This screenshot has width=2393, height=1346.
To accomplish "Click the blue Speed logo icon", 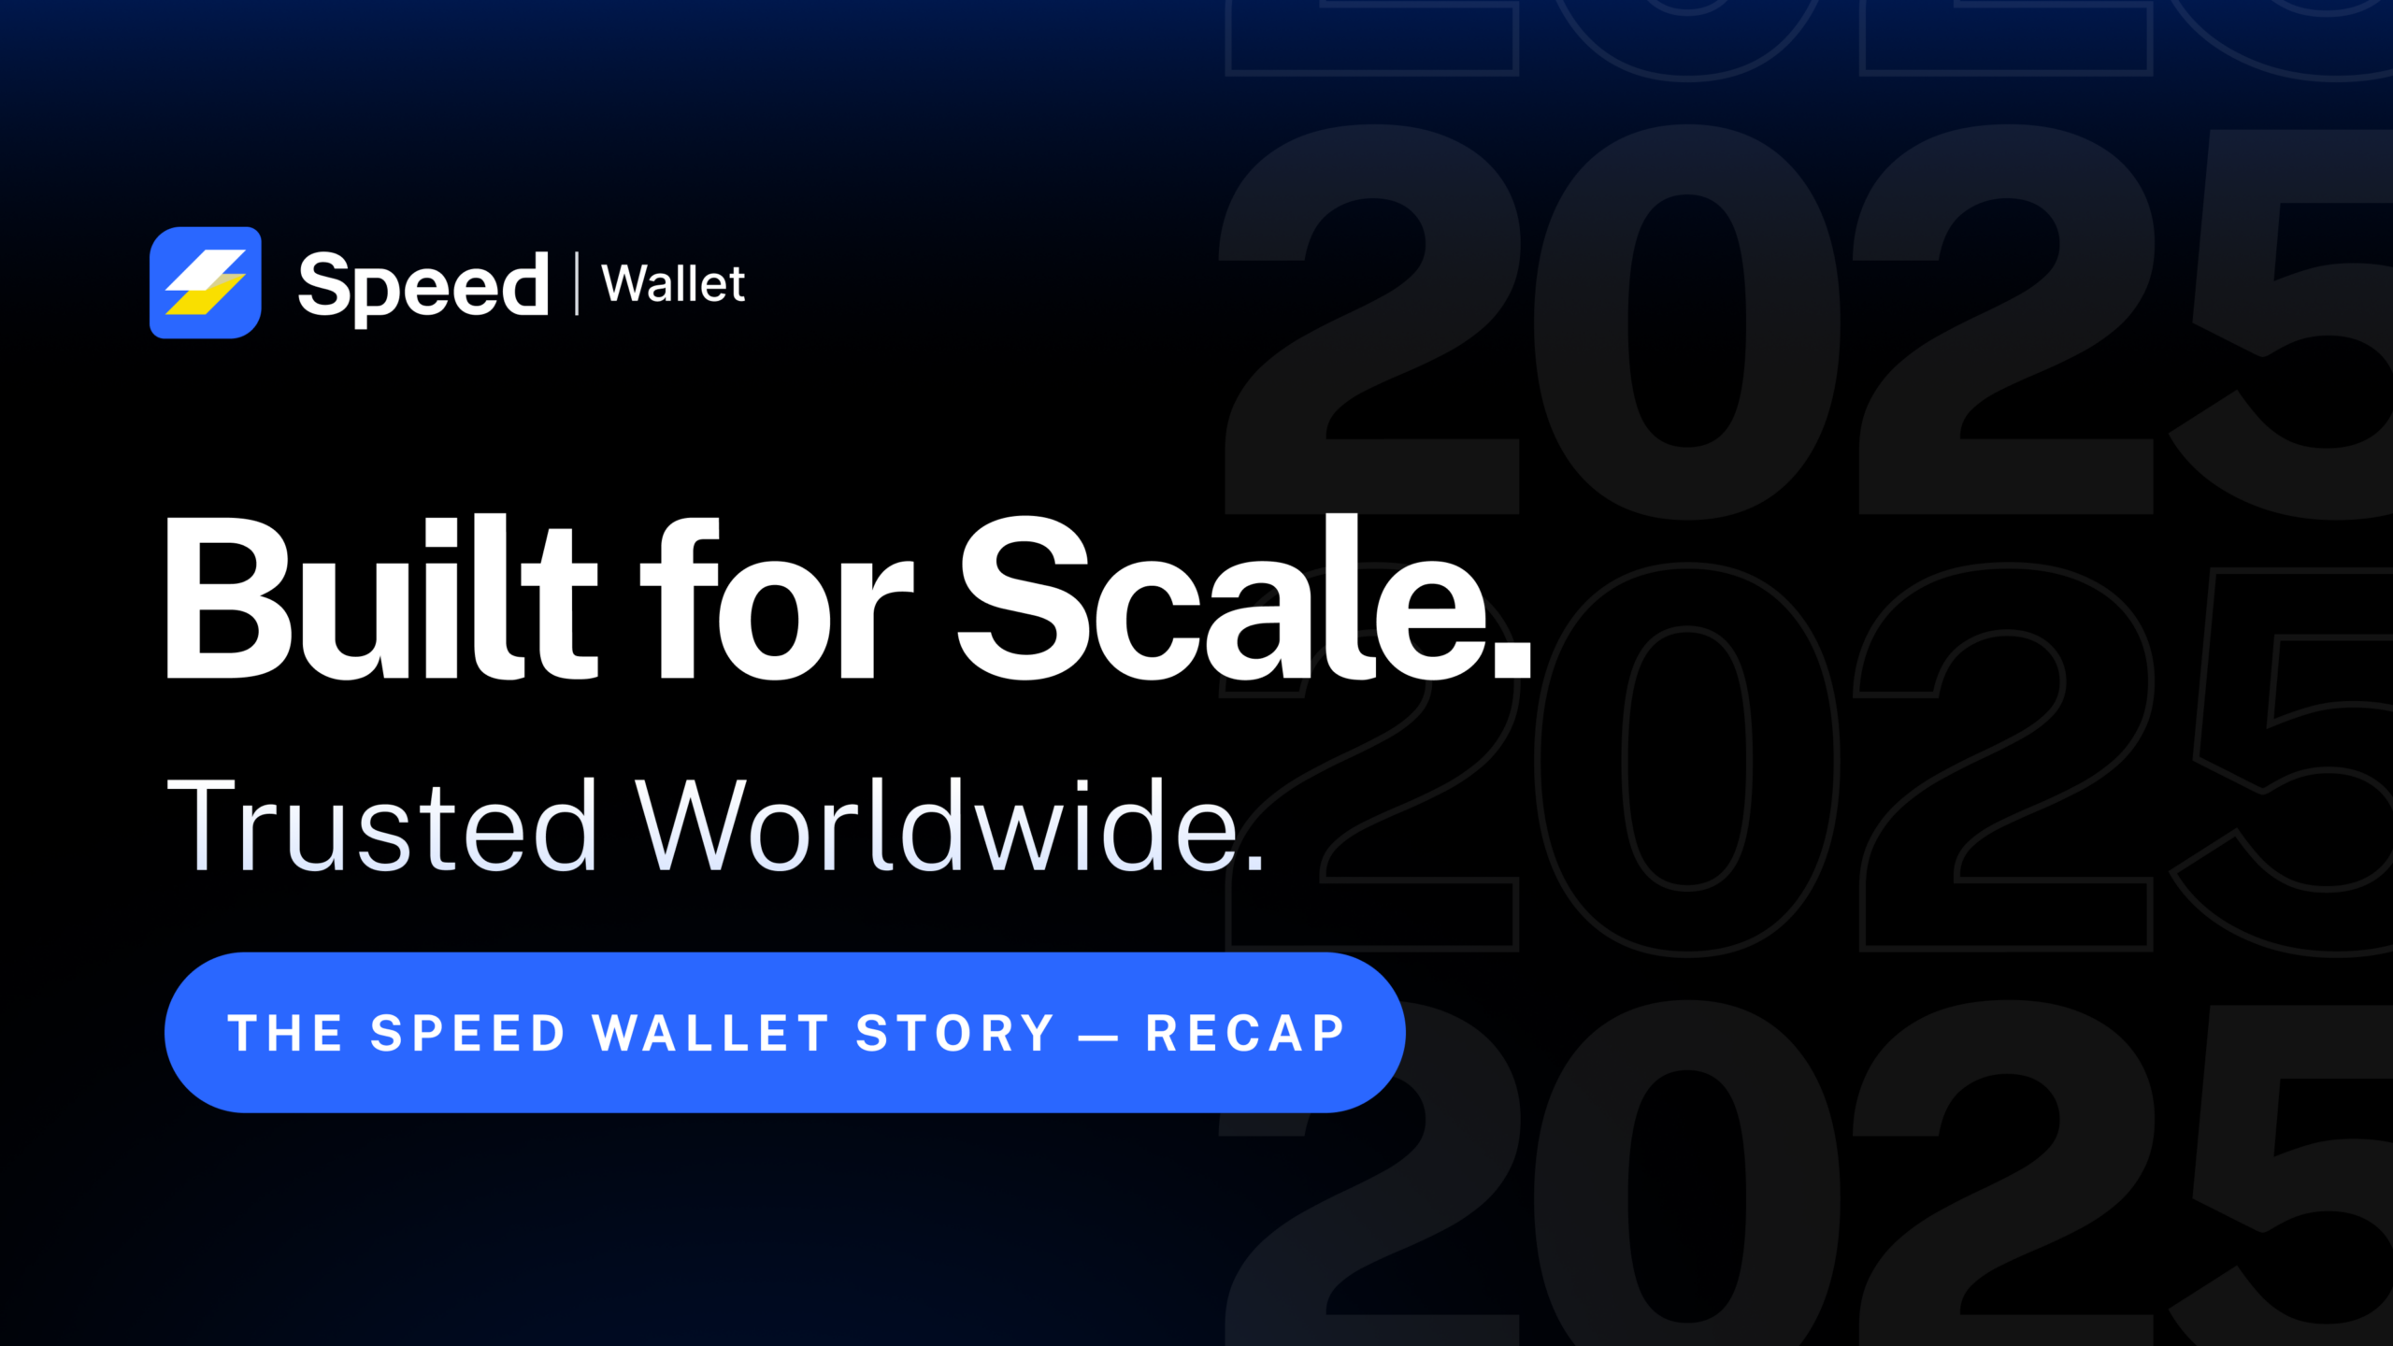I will point(206,282).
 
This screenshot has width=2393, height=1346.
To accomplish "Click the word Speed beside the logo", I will point(423,285).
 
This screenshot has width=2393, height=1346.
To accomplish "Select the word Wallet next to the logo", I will point(673,284).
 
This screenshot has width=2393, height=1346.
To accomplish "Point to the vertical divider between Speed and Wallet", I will point(577,283).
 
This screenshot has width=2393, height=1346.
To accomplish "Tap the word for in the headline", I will point(776,603).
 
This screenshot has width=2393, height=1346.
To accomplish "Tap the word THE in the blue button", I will point(285,1034).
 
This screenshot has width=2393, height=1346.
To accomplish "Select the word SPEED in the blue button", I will point(468,1034).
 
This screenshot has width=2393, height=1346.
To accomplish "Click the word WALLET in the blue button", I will point(711,1034).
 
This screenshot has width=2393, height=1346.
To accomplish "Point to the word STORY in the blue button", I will point(955,1034).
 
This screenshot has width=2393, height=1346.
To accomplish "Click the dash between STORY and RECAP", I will point(1098,1036).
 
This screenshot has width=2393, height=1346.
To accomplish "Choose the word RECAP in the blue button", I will point(1245,1034).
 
